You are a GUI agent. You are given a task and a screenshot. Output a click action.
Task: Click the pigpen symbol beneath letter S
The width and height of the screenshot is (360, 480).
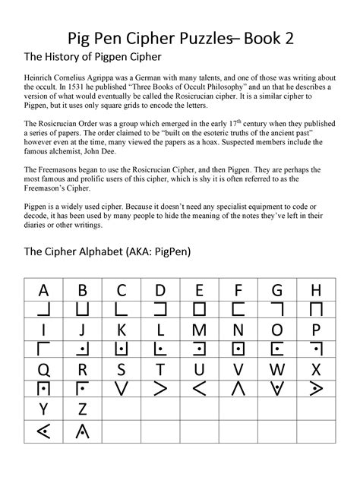[121, 390]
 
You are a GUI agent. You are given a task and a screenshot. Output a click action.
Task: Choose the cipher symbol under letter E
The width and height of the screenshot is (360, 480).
[199, 310]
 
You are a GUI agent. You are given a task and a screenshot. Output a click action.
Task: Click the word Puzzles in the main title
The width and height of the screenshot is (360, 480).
[200, 34]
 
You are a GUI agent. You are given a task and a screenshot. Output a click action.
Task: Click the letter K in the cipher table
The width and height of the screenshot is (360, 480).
[121, 330]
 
